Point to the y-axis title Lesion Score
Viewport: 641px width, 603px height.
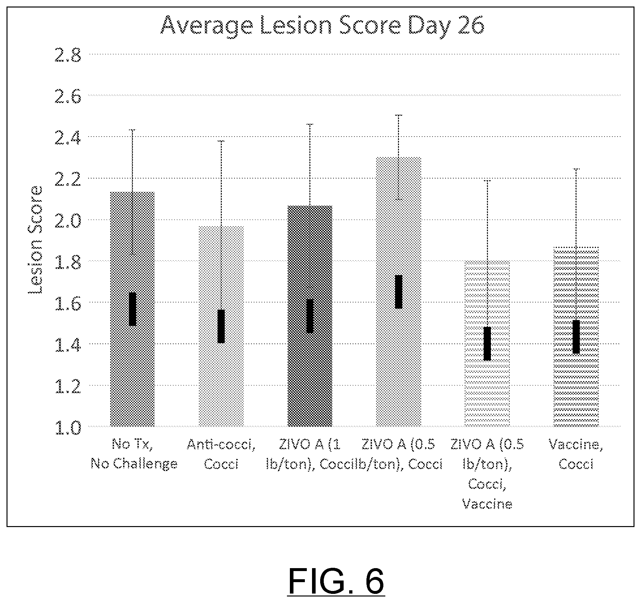pos(35,240)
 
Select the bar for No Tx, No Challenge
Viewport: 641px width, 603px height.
pos(132,309)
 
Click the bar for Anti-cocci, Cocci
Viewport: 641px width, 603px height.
pos(221,326)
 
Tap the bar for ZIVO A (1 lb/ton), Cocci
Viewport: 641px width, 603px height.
pos(310,316)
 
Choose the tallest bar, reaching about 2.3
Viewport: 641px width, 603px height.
pos(399,292)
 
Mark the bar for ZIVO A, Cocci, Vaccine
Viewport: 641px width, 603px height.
pos(487,344)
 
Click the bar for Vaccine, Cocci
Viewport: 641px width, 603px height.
pos(576,337)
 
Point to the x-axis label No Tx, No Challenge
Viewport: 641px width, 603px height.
pos(134,454)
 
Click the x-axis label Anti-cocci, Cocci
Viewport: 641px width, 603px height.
pos(221,454)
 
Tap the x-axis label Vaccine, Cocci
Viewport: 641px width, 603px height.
pos(576,454)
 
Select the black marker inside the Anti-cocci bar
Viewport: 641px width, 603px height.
pos(221,326)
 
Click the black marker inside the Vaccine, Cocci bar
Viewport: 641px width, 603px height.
pos(576,337)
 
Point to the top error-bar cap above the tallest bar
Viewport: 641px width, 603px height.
pos(399,115)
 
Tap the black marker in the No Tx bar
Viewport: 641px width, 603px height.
pos(132,309)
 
